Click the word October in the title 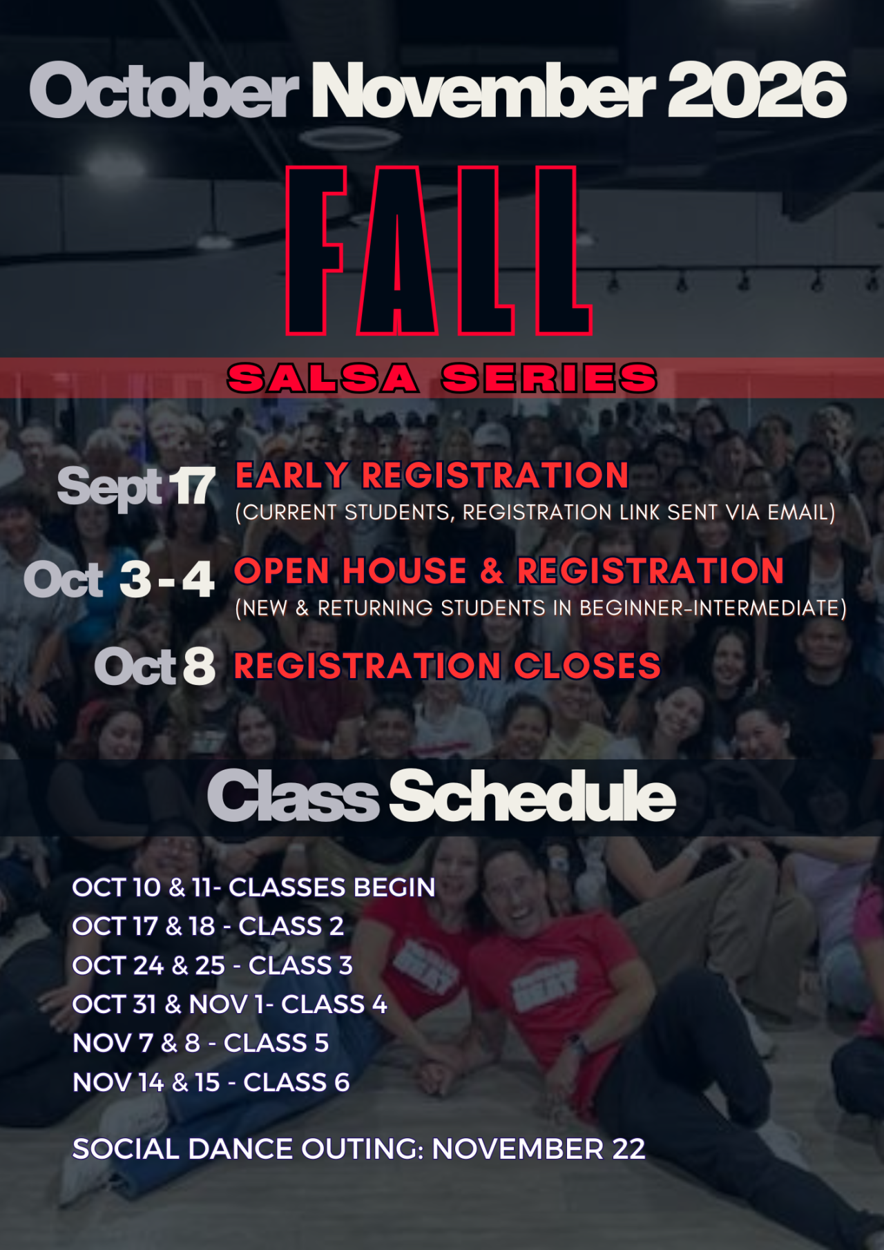pyautogui.click(x=164, y=90)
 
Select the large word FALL pyautogui.click(x=439, y=251)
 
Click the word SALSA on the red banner pyautogui.click(x=323, y=378)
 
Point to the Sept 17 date pyautogui.click(x=136, y=487)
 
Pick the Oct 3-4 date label pyautogui.click(x=119, y=579)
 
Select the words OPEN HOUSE pyautogui.click(x=350, y=571)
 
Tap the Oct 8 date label pyautogui.click(x=155, y=666)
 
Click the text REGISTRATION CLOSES pyautogui.click(x=448, y=666)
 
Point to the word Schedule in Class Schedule pyautogui.click(x=532, y=796)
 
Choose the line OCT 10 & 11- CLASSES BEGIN pyautogui.click(x=253, y=887)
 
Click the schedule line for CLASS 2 pyautogui.click(x=208, y=926)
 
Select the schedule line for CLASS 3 pyautogui.click(x=213, y=965)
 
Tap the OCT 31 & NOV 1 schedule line pyautogui.click(x=230, y=1004)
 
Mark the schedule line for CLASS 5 pyautogui.click(x=201, y=1043)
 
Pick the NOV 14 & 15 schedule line pyautogui.click(x=211, y=1082)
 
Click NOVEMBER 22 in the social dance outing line pyautogui.click(x=539, y=1149)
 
